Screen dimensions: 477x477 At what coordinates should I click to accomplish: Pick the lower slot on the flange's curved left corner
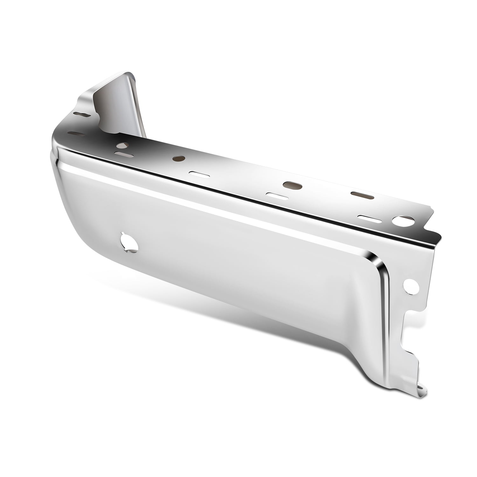77,134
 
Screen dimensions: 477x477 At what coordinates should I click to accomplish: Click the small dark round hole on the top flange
179,158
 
